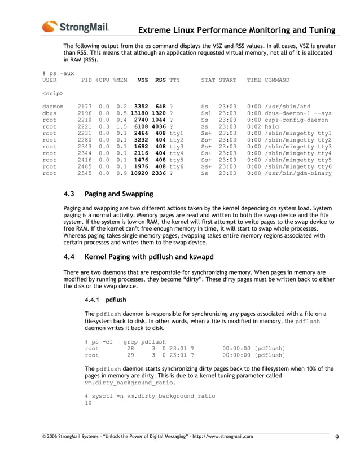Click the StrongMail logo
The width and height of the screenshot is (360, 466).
point(75,27)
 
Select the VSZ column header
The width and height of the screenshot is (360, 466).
point(142,80)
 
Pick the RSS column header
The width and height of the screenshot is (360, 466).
point(160,80)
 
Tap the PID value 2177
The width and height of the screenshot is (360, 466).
point(85,106)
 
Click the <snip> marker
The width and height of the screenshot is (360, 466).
point(52,93)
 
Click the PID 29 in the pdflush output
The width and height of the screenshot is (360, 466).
point(130,355)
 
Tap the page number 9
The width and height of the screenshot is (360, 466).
point(336,437)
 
